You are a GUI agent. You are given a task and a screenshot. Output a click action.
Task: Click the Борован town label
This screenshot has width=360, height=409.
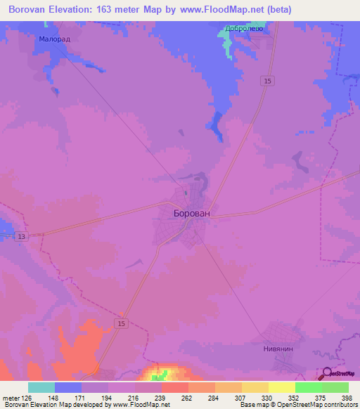coord(192,212)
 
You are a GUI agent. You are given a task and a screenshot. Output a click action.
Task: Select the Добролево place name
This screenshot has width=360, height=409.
coord(243,30)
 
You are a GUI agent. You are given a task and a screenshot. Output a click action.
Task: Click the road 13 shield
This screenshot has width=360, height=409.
coord(22,236)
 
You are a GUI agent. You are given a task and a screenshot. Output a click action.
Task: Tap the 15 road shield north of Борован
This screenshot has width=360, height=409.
coord(266,82)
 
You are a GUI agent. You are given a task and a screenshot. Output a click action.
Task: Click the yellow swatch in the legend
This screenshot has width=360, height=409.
coord(281,387)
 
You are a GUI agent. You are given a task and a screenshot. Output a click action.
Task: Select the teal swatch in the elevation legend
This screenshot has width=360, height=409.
coord(41,387)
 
